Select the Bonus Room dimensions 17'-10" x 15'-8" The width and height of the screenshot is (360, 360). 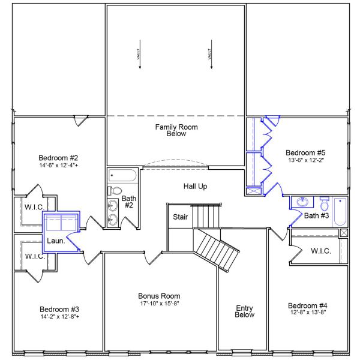pos(159,304)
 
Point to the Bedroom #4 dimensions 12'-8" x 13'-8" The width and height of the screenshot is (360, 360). pos(307,312)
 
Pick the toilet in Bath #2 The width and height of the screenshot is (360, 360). pos(116,191)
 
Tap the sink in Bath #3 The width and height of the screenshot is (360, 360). pos(304,202)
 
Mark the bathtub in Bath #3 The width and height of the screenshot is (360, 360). pos(340,211)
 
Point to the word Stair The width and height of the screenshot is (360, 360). pos(180,217)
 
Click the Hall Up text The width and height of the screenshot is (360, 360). pos(195,187)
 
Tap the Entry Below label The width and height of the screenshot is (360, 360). pos(245,311)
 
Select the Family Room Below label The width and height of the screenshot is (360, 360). pos(176,130)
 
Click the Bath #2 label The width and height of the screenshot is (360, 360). pos(129,202)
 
